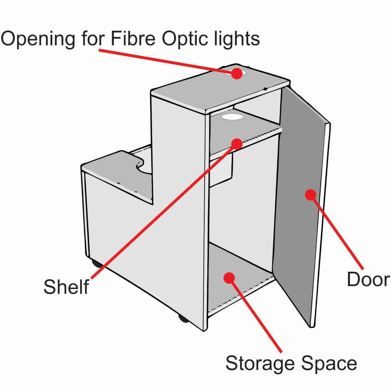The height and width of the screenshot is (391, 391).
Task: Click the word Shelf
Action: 66,286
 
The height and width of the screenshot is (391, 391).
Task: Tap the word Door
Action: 368,280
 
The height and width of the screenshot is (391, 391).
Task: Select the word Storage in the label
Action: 259,364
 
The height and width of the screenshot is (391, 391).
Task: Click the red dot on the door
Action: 311,194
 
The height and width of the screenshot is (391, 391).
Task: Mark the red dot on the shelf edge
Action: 237,144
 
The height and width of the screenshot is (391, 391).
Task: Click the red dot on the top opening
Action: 237,73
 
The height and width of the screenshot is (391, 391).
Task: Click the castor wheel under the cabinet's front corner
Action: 183,318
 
